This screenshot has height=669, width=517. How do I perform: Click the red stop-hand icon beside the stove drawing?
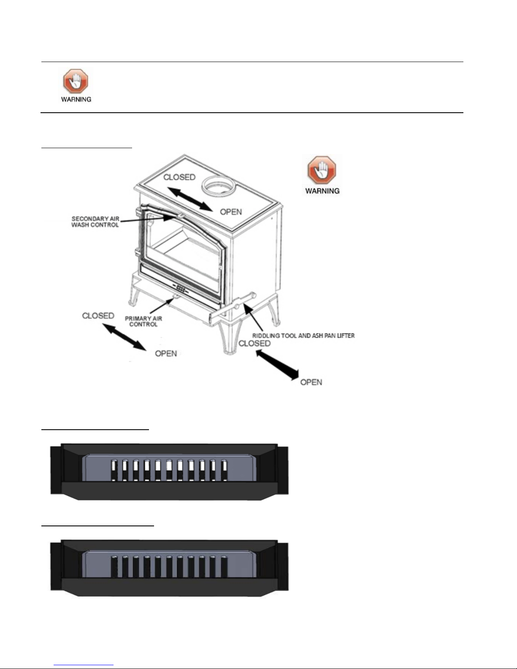(x=322, y=171)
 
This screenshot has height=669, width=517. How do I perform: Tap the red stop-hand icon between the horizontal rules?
(x=76, y=81)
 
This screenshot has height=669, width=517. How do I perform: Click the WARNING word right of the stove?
(x=322, y=191)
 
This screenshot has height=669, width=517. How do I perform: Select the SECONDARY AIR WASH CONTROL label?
(x=95, y=222)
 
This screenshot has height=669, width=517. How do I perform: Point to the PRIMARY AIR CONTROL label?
(x=143, y=321)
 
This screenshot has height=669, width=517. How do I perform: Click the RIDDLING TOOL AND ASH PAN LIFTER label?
(x=303, y=336)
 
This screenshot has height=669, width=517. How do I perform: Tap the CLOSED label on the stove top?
(x=179, y=177)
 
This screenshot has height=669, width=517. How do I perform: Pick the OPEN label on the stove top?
(x=231, y=211)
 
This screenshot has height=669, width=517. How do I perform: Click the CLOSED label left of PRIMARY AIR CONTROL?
(x=98, y=316)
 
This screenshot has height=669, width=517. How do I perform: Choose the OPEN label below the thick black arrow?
(x=311, y=382)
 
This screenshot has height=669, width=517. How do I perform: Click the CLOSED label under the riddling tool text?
(x=254, y=344)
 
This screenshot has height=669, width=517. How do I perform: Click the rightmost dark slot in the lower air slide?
(x=224, y=566)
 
